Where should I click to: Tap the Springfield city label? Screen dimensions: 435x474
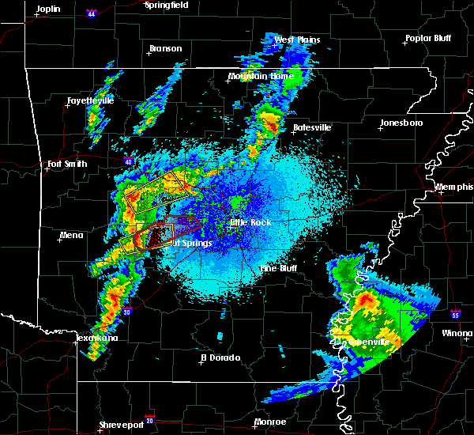coord(166,5)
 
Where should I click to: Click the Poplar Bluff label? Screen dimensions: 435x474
coord(427,38)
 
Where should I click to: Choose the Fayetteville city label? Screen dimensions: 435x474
coord(89,100)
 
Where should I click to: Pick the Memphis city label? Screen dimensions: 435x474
coord(454,187)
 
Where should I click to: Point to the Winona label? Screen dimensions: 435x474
coord(457,333)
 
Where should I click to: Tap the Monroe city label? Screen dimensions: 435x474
coord(269,422)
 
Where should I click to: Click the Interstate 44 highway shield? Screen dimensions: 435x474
coord(92,13)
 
